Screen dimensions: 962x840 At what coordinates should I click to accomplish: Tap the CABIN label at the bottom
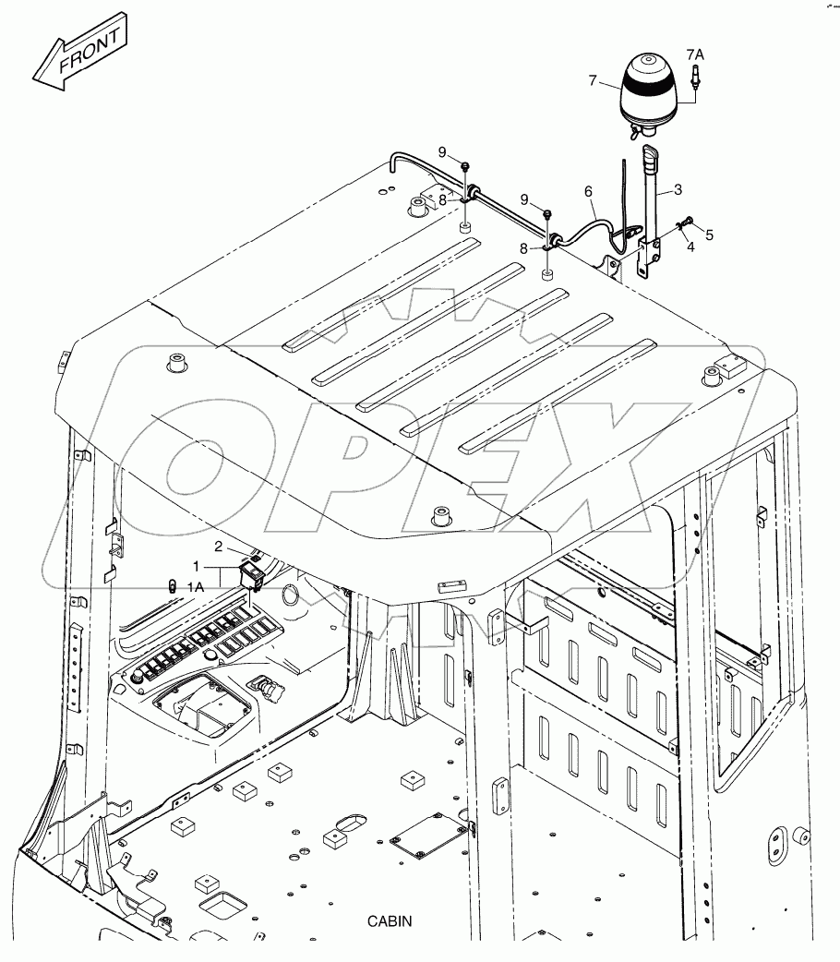(390, 921)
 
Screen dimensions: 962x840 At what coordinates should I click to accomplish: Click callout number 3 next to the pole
(678, 190)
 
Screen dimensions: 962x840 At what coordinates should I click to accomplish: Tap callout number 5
(709, 235)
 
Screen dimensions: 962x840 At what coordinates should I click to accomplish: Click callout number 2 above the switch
(219, 546)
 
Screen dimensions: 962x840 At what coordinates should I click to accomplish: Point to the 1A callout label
(196, 585)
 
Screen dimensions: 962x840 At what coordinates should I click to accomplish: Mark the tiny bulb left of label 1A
(171, 585)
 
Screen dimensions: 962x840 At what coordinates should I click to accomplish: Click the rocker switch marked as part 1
(252, 577)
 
